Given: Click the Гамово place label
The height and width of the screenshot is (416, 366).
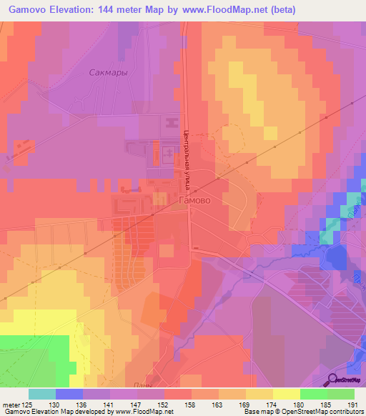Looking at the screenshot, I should click(194, 201).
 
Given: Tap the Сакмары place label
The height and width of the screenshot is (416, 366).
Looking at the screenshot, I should click(109, 72).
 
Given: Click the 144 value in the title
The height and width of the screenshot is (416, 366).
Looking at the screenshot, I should click(119, 9).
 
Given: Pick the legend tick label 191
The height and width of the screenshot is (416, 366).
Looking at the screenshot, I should click(353, 405).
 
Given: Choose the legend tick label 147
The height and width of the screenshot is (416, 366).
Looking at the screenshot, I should click(138, 405).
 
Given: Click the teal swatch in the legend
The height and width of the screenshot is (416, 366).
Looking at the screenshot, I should click(42, 394).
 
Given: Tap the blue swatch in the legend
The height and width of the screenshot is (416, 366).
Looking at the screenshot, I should click(69, 394).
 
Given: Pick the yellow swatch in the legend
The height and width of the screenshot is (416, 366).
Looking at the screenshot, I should click(287, 394).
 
